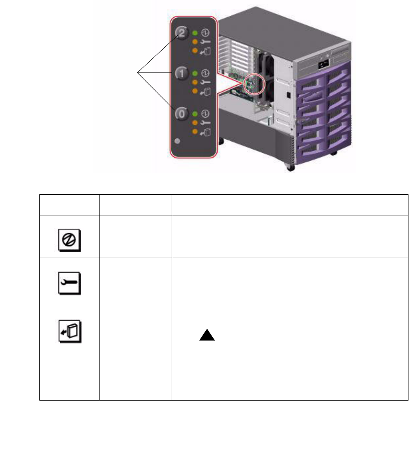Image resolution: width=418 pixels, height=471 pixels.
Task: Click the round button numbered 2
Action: pyautogui.click(x=182, y=32)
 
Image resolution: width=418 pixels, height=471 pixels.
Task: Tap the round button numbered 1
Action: pyautogui.click(x=182, y=73)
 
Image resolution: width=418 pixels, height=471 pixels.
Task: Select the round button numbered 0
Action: pyautogui.click(x=182, y=114)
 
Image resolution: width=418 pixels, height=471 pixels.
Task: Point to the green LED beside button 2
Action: pyautogui.click(x=194, y=32)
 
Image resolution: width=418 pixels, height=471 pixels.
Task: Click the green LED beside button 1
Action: pyautogui.click(x=194, y=73)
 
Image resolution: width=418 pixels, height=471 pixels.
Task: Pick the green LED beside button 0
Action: pyautogui.click(x=194, y=113)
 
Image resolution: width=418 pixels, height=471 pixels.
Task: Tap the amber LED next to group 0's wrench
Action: pyautogui.click(x=194, y=123)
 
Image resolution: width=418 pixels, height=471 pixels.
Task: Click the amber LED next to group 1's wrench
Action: pyautogui.click(x=194, y=82)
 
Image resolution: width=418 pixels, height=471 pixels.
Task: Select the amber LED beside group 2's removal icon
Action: pyautogui.click(x=194, y=51)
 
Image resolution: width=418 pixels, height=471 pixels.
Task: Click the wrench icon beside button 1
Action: pyautogui.click(x=205, y=82)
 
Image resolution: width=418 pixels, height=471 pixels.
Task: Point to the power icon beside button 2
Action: pyautogui.click(x=205, y=32)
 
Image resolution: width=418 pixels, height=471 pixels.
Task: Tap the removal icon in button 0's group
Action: pyautogui.click(x=205, y=132)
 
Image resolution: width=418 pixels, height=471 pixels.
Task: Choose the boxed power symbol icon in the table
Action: pyautogui.click(x=69, y=240)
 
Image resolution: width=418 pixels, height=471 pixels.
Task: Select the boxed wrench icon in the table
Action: pyautogui.click(x=69, y=285)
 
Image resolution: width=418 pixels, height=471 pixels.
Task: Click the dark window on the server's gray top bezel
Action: pyautogui.click(x=322, y=65)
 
